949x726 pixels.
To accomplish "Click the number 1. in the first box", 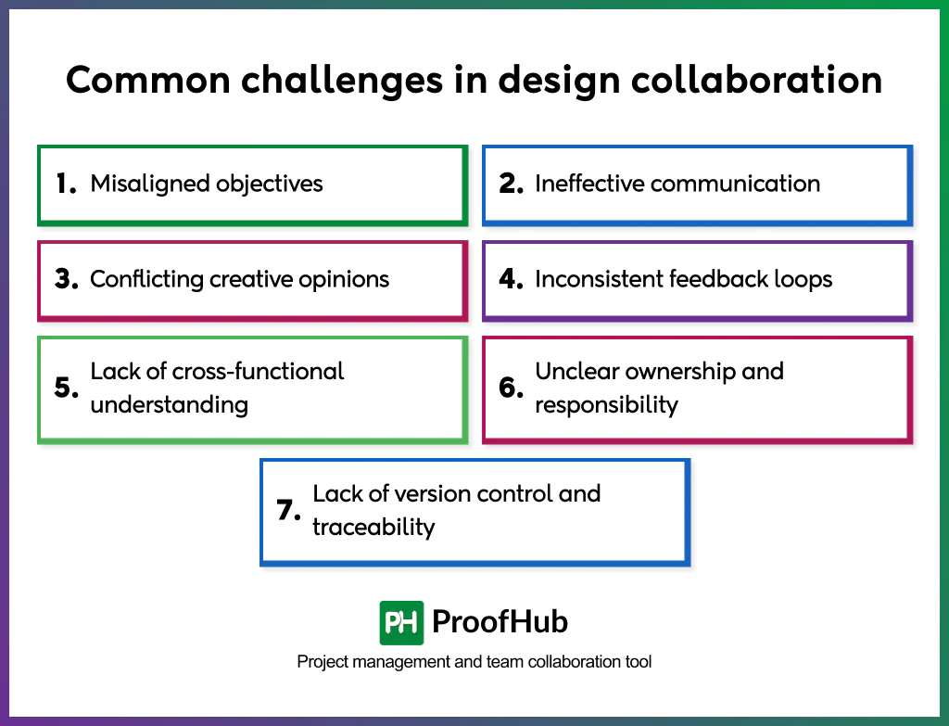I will (x=65, y=184).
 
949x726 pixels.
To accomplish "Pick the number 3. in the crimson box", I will (x=66, y=279).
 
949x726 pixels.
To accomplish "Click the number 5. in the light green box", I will (x=66, y=388).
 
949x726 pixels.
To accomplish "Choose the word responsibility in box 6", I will (x=606, y=405).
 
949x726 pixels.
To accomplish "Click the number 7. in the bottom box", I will (x=289, y=510).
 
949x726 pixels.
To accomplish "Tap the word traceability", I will (x=373, y=528).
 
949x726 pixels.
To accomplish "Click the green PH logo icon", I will (x=401, y=622).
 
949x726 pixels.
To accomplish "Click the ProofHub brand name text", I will (x=500, y=622).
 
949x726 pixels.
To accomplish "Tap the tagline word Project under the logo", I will (x=321, y=662).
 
